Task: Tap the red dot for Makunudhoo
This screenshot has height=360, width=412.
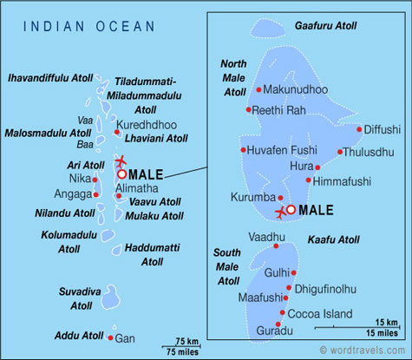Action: point(258,89)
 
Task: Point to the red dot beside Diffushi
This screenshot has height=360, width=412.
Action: point(359,130)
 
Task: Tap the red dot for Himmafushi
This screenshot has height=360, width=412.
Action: point(309,180)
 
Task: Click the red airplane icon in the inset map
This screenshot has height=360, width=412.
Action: point(279,212)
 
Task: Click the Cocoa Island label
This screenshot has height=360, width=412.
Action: point(319,313)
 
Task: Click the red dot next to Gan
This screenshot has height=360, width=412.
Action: point(111,337)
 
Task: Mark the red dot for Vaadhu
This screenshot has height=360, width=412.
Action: point(276,245)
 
